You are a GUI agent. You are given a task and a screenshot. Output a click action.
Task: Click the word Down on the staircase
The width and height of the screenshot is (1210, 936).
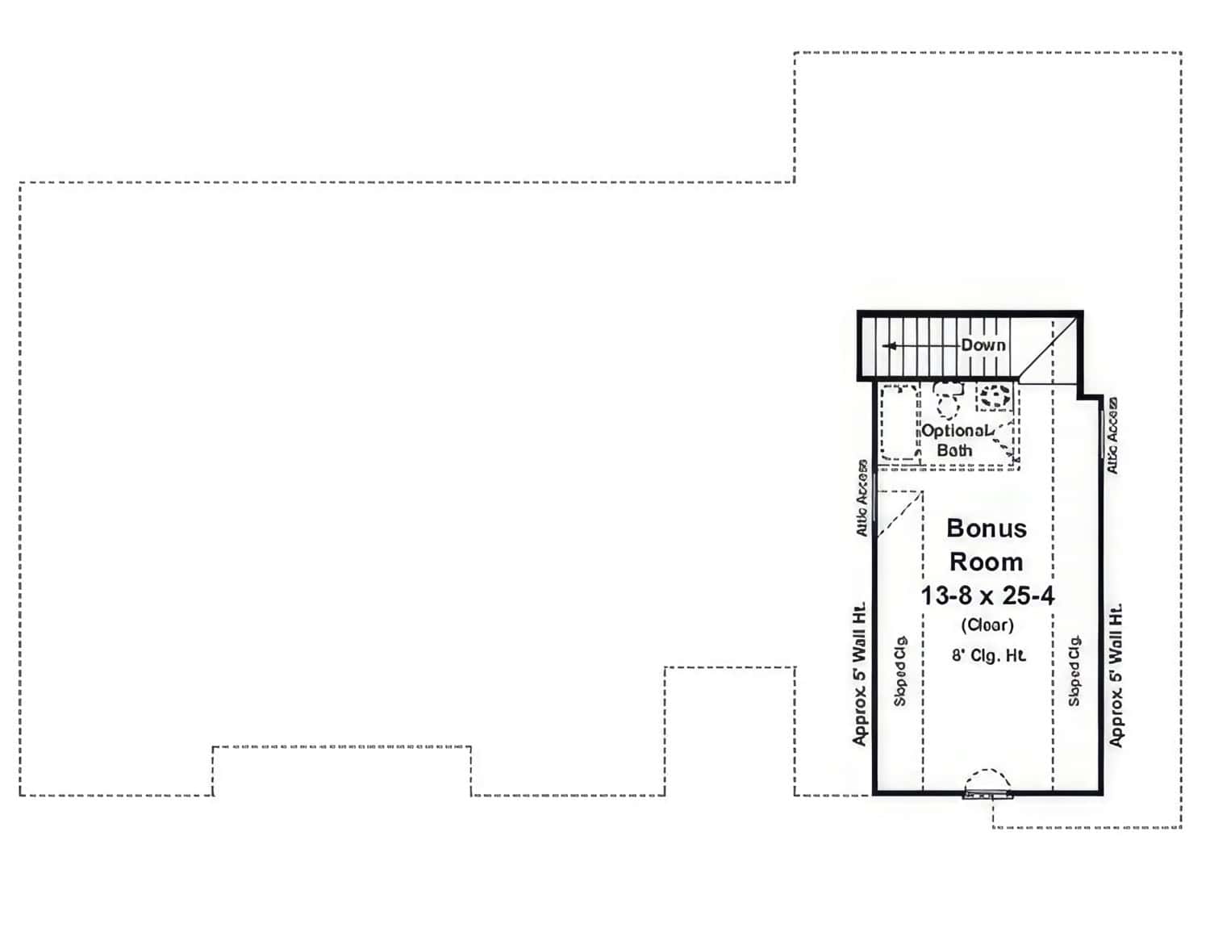[983, 345]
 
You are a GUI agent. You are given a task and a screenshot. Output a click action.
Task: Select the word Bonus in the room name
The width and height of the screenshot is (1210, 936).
[987, 529]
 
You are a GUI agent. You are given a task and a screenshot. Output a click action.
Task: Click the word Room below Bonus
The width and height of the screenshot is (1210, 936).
[986, 562]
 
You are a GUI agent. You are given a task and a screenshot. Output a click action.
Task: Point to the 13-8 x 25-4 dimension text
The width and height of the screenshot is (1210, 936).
[987, 595]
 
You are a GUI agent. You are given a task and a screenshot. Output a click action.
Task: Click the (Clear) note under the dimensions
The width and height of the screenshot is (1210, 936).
[987, 625]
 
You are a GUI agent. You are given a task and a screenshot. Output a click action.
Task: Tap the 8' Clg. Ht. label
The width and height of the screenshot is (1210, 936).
[988, 655]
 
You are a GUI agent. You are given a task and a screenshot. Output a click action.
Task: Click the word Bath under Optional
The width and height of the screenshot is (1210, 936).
[954, 450]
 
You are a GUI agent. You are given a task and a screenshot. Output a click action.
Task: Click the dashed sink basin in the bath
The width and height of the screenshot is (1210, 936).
[995, 396]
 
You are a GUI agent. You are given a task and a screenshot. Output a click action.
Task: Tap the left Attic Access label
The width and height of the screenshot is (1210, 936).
[862, 498]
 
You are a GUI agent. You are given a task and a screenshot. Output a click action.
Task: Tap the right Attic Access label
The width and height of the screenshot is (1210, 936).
[1112, 435]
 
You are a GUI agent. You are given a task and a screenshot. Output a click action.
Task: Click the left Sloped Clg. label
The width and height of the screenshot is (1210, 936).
[900, 671]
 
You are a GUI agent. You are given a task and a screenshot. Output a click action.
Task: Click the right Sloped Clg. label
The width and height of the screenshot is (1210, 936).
[1074, 671]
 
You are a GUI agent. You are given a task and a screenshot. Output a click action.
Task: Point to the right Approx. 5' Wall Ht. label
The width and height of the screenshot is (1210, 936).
[1116, 675]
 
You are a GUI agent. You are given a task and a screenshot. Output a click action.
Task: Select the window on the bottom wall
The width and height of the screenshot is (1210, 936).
[987, 794]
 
